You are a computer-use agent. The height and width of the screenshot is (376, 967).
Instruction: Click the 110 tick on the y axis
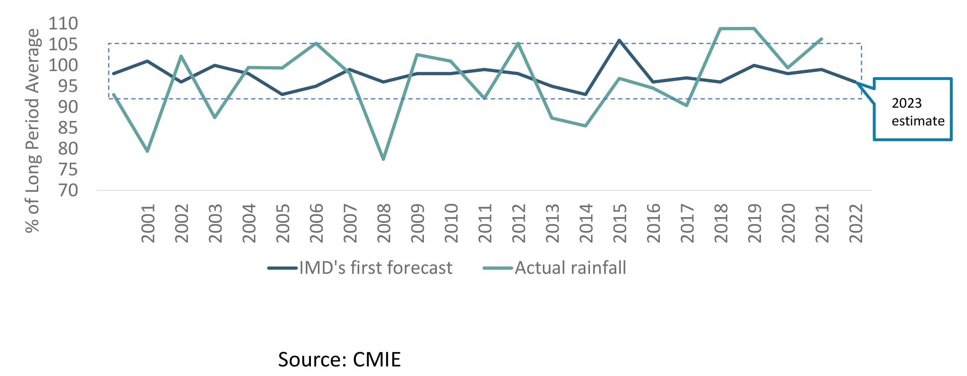pyautogui.click(x=63, y=23)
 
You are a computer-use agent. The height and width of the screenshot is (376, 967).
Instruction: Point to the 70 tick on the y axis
pyautogui.click(x=68, y=190)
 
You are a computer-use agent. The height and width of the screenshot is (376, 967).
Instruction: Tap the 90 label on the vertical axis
pyautogui.click(x=68, y=107)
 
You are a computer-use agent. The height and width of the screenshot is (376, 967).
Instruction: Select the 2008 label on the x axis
pyautogui.click(x=384, y=224)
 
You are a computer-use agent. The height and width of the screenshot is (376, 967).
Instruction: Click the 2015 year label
pyautogui.click(x=620, y=224)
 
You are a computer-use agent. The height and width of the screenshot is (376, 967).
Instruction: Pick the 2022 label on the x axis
pyautogui.click(x=856, y=224)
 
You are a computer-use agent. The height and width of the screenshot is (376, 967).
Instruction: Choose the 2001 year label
pyautogui.click(x=148, y=224)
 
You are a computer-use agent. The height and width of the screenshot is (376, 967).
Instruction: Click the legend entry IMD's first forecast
pyautogui.click(x=375, y=268)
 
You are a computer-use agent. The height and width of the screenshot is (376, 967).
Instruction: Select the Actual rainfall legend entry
pyautogui.click(x=570, y=268)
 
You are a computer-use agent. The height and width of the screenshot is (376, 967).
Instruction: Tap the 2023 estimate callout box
pyautogui.click(x=913, y=109)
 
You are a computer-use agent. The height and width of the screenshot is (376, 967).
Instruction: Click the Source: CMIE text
pyautogui.click(x=339, y=359)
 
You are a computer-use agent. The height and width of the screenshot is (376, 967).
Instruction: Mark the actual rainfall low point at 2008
pyautogui.click(x=383, y=159)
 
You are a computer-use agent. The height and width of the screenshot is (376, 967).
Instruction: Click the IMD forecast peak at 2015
pyautogui.click(x=619, y=40)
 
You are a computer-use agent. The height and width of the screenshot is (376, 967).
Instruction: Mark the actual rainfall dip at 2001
pyautogui.click(x=148, y=151)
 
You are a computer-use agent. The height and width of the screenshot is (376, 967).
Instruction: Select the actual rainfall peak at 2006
pyautogui.click(x=316, y=43)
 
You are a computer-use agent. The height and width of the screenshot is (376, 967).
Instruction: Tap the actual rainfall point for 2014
pyautogui.click(x=586, y=126)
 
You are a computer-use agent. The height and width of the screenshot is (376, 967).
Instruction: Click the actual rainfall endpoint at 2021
pyautogui.click(x=822, y=39)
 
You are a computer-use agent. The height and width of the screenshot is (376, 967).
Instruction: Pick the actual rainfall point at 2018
pyautogui.click(x=720, y=28)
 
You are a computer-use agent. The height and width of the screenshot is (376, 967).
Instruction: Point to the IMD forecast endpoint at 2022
pyautogui.click(x=856, y=82)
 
